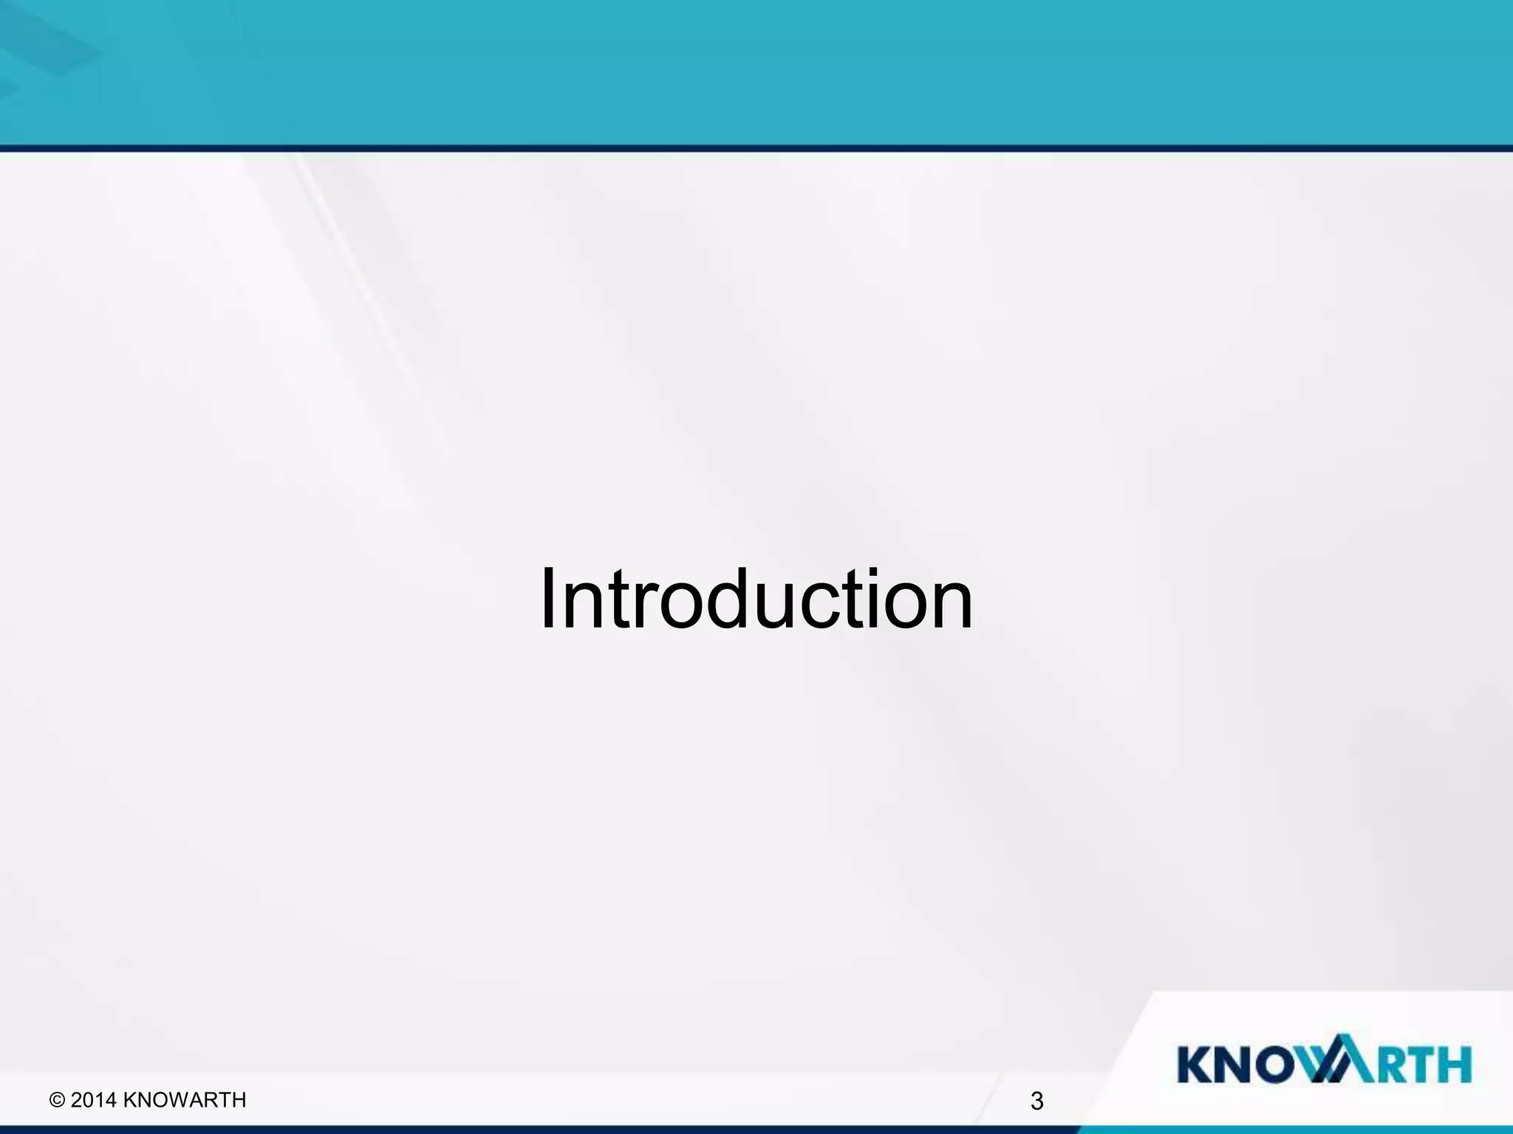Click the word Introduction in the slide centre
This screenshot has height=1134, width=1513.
(756, 599)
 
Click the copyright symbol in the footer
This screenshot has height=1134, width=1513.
(57, 1101)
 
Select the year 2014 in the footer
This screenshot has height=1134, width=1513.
(94, 1100)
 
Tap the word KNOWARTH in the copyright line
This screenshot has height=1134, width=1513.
(184, 1100)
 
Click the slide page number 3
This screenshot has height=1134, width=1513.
(1036, 1102)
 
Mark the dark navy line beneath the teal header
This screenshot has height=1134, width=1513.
(756, 148)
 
